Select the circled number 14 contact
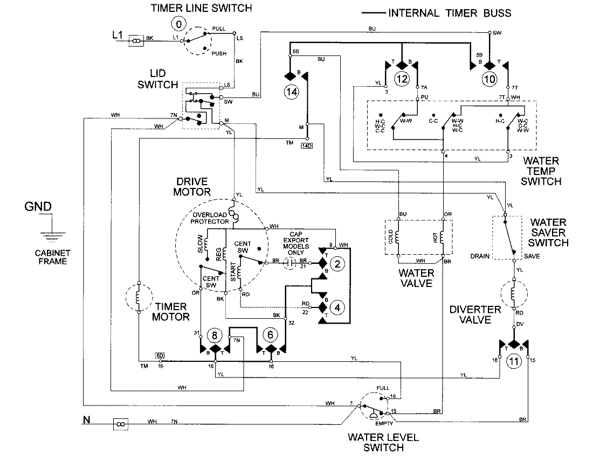coord(292,92)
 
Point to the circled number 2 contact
coord(337,264)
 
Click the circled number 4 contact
coord(337,308)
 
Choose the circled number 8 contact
coord(215,335)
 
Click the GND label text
coord(38,207)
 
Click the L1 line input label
coord(118,36)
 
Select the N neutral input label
coord(86,419)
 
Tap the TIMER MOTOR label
coord(172,311)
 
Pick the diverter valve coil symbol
coord(514,294)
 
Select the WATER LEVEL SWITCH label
coord(376,442)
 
